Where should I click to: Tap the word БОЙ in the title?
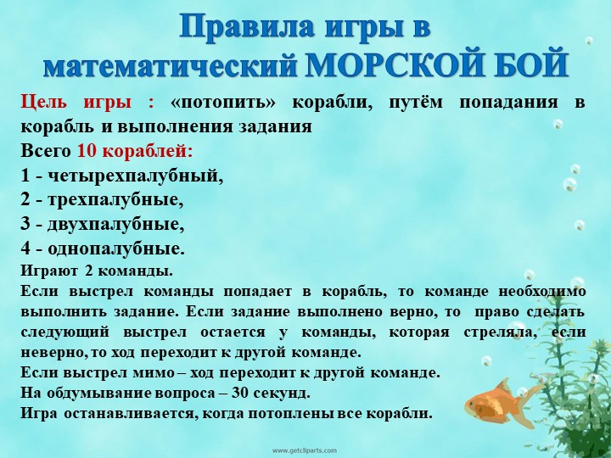523,64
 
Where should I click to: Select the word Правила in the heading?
247,27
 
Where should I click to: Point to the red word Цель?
43,103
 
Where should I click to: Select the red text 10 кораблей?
135,151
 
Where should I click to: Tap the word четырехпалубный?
135,176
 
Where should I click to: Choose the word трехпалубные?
115,200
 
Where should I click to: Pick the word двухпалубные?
115,225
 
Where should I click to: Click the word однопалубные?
116,249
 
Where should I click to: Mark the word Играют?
49,271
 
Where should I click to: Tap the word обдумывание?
99,394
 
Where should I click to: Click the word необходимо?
542,292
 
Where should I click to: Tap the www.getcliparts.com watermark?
305,450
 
